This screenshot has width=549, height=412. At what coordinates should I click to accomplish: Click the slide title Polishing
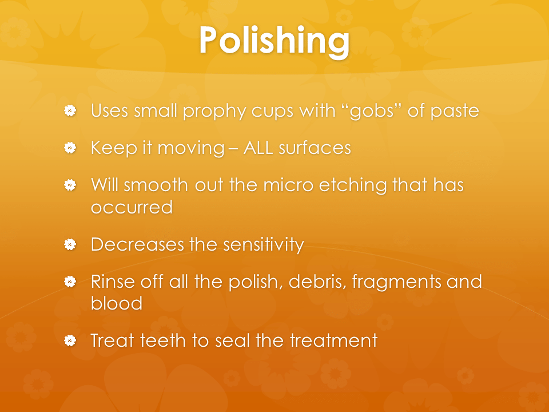coord(274,40)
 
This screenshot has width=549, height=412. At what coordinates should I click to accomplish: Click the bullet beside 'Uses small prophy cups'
coord(70,110)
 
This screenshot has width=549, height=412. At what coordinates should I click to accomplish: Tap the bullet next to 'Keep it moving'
coord(70,148)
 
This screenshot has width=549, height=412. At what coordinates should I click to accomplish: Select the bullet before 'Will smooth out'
coord(70,185)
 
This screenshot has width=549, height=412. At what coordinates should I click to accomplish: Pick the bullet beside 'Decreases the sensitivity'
coord(70,244)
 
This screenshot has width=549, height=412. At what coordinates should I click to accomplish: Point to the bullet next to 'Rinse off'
coord(70,282)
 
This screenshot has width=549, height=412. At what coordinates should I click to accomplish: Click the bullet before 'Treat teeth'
coord(70,340)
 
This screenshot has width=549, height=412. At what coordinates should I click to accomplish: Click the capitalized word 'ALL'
coord(258,148)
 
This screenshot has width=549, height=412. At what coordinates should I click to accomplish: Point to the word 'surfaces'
coord(315,148)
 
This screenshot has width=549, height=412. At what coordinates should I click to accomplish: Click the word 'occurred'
coord(132,207)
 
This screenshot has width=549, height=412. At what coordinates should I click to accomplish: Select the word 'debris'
coord(317,282)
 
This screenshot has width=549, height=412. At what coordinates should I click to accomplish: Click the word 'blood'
coord(117,303)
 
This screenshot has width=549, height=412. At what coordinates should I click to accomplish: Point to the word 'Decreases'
coord(137,244)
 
